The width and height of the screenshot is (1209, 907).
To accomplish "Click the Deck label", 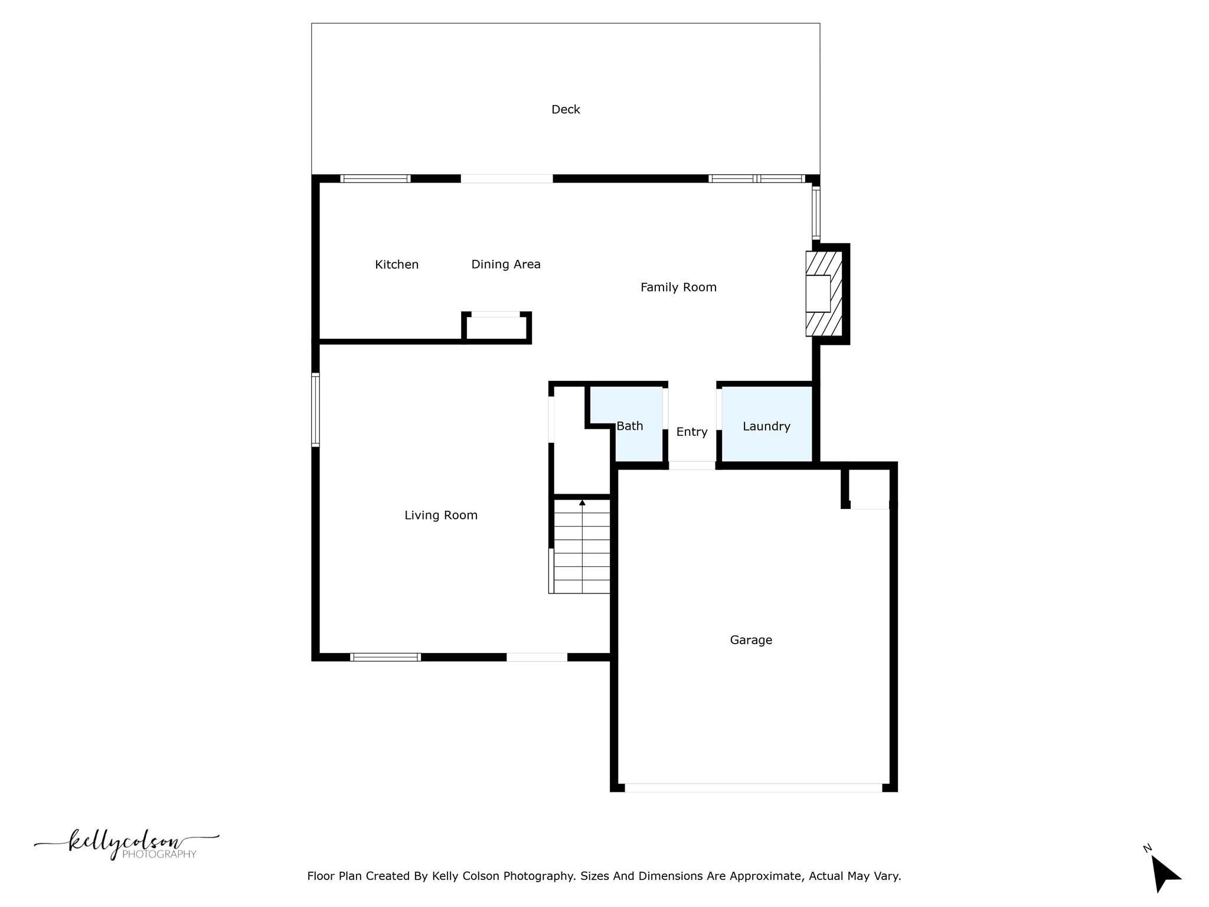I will tap(566, 109).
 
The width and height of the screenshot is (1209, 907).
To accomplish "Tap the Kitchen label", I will tap(397, 265).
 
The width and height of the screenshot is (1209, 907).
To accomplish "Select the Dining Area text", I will tap(506, 265).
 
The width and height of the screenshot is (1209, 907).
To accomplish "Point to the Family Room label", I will tap(678, 288).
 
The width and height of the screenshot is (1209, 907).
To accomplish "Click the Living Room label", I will tap(441, 516).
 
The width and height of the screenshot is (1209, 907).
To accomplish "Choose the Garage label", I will tap(751, 640).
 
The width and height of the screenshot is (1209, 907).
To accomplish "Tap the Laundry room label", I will tap(766, 426).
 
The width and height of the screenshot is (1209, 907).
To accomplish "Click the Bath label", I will tap(630, 426).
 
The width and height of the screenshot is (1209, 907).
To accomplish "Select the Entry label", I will tap(692, 432).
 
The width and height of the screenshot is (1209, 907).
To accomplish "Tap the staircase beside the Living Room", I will tap(581, 546).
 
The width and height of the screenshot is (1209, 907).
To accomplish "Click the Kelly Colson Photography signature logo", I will tap(126, 844).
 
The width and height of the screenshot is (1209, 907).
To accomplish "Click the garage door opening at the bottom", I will tap(753, 788).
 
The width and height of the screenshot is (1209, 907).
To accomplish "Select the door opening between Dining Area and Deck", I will tap(507, 179).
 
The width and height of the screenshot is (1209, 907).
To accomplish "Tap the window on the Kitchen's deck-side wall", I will tap(375, 179).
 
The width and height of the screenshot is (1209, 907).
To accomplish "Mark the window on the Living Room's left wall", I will tap(316, 410).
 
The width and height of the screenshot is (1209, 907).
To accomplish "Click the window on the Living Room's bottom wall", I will tap(385, 657).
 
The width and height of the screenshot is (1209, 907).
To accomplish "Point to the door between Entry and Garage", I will tap(692, 466).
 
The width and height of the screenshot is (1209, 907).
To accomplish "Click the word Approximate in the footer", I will tap(766, 876).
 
